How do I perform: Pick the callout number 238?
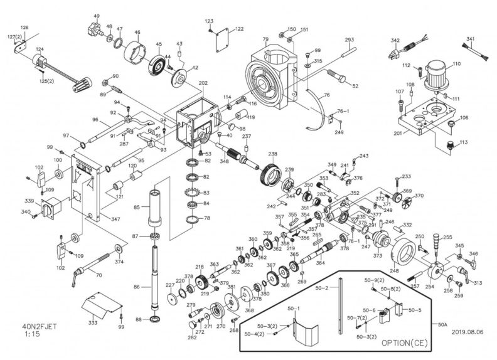(272, 154)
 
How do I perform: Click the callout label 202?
(203, 83)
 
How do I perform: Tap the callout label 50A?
(443, 324)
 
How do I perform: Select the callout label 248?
(394, 271)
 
